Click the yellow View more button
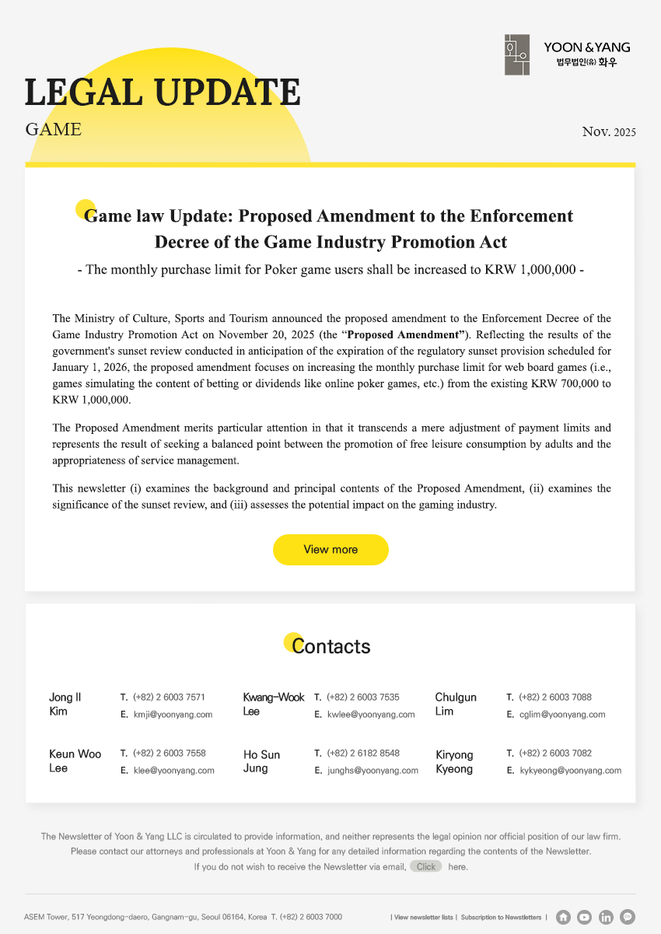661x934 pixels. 330,550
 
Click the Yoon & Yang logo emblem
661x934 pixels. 516,54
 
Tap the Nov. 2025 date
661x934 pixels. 609,131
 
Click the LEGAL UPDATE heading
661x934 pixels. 163,93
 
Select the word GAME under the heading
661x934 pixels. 53,129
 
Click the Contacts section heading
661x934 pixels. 330,646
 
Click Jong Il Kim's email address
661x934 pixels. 173,714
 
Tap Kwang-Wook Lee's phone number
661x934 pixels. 363,697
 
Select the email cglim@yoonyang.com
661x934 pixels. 561,714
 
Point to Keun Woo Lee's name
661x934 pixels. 75,761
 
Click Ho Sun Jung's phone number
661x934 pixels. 363,754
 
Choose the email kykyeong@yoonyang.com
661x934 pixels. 570,771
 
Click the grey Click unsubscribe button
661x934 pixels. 425,866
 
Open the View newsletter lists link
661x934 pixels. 423,918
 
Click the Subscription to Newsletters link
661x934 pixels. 501,918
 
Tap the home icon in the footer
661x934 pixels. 564,917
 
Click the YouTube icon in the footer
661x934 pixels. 585,917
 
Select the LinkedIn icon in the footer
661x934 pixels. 607,917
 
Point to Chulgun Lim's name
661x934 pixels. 456,704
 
